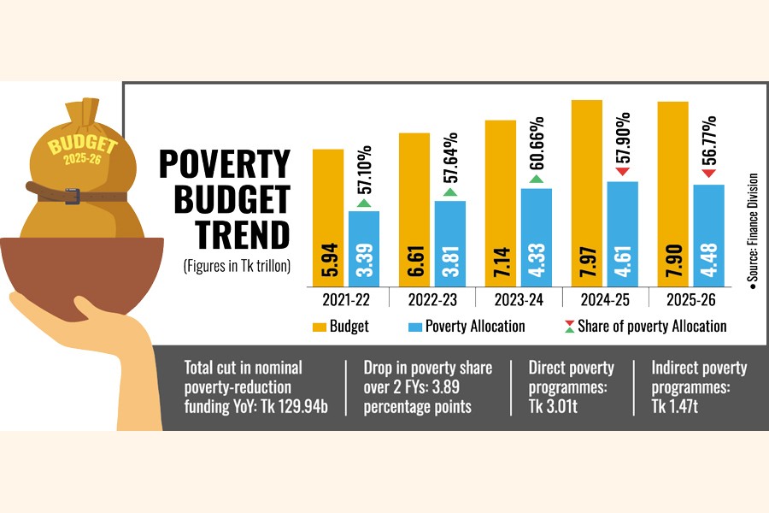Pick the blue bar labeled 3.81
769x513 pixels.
coord(449,244)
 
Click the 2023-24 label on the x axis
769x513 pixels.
coord(519,300)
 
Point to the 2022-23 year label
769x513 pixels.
coord(432,300)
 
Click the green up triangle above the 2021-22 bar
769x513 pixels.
coord(363,203)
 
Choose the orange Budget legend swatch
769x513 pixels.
coord(320,326)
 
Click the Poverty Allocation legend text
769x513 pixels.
coord(475,326)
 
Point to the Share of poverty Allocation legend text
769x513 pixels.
coord(652,326)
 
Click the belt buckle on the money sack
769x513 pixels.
coord(72,197)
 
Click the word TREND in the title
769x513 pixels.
coord(243,234)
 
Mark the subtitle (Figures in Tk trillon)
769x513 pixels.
coord(237,266)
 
